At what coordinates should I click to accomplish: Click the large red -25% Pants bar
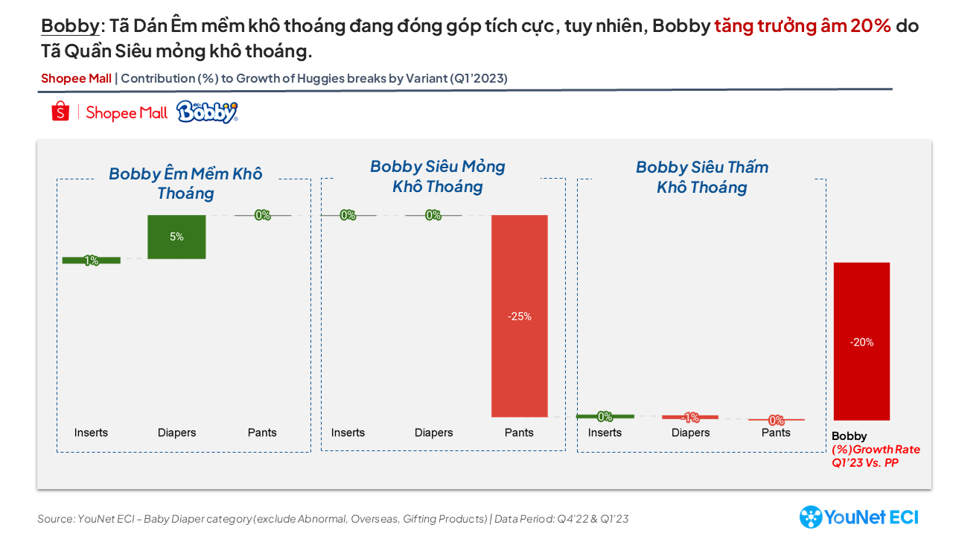(519, 316)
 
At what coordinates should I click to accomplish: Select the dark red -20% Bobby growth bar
(861, 342)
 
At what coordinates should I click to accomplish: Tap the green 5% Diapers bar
(176, 237)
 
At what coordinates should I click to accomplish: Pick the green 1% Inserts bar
(91, 261)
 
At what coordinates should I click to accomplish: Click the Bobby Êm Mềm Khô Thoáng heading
(185, 183)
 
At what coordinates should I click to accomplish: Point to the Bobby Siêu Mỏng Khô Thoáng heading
(438, 176)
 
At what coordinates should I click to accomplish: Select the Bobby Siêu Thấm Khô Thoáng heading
(701, 177)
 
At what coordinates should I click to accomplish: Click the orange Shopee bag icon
(60, 112)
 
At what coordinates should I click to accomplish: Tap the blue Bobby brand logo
(207, 112)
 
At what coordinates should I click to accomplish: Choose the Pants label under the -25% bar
(519, 433)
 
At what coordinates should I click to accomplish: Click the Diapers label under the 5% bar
(176, 433)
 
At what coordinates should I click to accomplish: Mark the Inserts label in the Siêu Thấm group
(605, 433)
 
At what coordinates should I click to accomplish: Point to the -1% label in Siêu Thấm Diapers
(690, 418)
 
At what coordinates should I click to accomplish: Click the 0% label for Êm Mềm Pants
(262, 215)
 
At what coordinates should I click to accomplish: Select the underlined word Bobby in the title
(70, 27)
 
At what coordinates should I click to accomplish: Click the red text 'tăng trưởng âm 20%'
(802, 27)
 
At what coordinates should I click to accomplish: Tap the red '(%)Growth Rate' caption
(876, 450)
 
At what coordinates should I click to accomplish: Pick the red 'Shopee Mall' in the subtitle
(76, 78)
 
